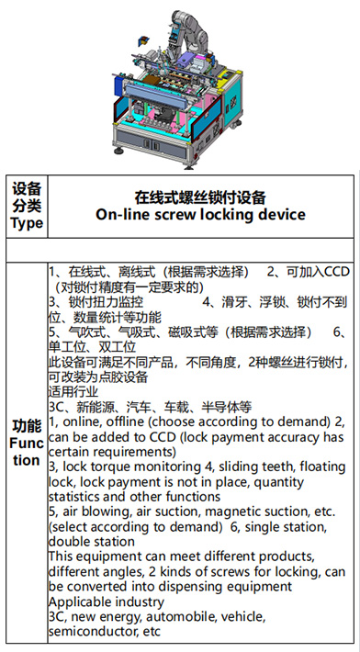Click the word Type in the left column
click(27, 223)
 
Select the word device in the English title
click(280, 215)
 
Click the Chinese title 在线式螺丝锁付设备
click(200, 197)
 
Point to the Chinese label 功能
click(27, 425)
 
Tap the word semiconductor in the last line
click(94, 631)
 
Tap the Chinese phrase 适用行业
click(73, 391)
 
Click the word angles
click(123, 572)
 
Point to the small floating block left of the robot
click(142, 39)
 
